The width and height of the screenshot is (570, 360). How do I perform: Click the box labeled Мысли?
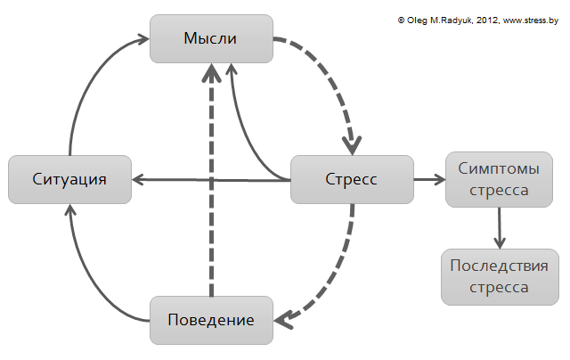click(x=211, y=39)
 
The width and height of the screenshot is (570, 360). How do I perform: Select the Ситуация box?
click(x=69, y=179)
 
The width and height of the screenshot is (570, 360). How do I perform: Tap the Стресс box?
click(x=353, y=179)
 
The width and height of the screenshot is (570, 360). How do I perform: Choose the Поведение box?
click(x=211, y=320)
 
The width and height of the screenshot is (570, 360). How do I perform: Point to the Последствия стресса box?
click(x=500, y=276)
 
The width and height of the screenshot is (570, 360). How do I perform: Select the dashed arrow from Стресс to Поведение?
click(x=334, y=276)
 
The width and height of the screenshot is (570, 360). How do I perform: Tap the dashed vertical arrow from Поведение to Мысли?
click(x=211, y=178)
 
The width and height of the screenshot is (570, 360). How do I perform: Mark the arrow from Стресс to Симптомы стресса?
click(x=429, y=179)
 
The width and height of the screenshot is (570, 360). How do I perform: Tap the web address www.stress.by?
click(x=529, y=19)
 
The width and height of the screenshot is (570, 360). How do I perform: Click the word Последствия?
click(x=499, y=266)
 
